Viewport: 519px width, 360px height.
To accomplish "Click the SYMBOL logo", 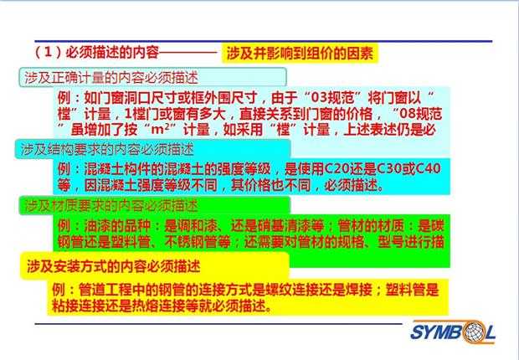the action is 453,332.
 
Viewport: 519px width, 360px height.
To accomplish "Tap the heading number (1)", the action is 49,53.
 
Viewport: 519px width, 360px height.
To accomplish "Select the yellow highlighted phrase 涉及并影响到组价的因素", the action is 300,53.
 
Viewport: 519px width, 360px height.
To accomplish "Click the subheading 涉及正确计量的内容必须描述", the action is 110,78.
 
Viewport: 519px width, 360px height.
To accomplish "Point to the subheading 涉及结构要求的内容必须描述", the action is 108,149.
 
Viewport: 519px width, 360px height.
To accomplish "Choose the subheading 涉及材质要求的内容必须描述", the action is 111,206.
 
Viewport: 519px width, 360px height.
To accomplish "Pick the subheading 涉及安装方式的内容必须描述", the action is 114,266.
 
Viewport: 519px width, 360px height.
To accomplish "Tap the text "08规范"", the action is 421,114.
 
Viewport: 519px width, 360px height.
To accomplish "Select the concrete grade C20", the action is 337,169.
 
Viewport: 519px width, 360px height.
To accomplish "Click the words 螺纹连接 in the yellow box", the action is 291,290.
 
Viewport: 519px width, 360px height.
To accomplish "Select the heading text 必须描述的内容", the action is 112,53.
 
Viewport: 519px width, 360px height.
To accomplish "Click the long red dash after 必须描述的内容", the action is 188,53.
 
